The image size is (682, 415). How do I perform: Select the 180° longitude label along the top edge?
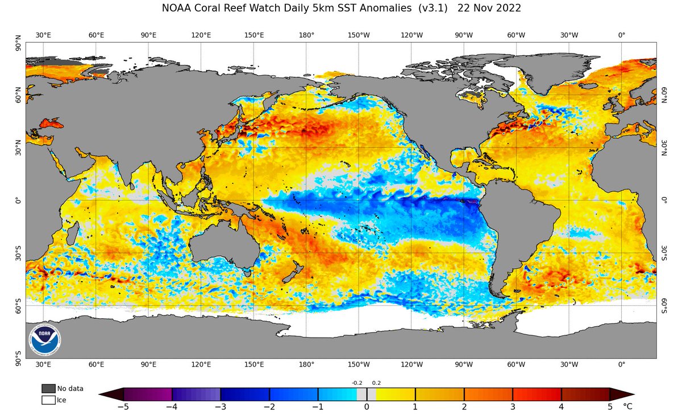click(x=306, y=35)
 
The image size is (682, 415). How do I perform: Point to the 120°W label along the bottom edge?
click(x=411, y=364)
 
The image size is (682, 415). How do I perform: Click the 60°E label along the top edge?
click(x=96, y=35)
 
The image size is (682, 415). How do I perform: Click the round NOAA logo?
click(x=45, y=339)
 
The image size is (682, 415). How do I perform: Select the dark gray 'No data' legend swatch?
click(x=48, y=388)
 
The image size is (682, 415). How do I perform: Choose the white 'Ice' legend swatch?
click(x=48, y=400)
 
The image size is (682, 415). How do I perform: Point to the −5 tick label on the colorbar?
click(x=123, y=407)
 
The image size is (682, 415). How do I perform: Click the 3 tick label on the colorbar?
click(x=513, y=407)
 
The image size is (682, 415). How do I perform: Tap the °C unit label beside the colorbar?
click(x=627, y=407)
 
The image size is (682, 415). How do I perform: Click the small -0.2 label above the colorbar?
click(x=357, y=383)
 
